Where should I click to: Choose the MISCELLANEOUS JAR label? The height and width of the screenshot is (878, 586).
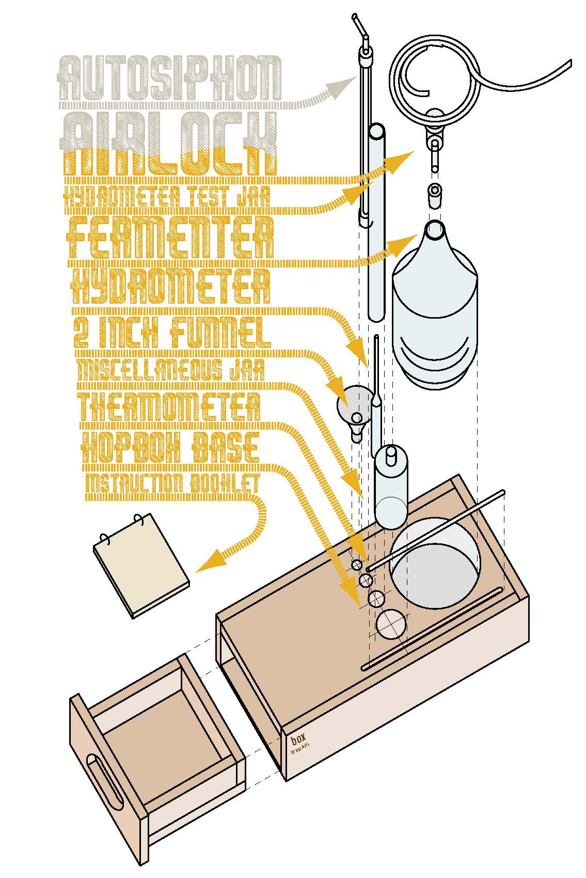point(170,370)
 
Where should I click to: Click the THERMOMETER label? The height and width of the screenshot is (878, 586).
point(169,406)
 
